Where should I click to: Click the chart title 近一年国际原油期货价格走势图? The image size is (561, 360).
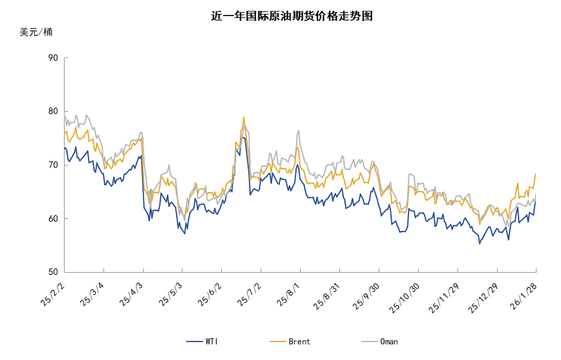292,16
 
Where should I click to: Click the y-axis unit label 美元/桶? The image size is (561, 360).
36,32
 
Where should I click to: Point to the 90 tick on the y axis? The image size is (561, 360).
53,58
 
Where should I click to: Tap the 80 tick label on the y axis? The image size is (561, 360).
53,111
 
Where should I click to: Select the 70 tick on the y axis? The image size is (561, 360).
53,165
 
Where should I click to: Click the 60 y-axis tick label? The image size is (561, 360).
53,219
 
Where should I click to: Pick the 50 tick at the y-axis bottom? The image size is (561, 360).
53,272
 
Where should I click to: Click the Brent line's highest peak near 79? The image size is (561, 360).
243,117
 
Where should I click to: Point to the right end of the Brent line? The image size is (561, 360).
535,173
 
